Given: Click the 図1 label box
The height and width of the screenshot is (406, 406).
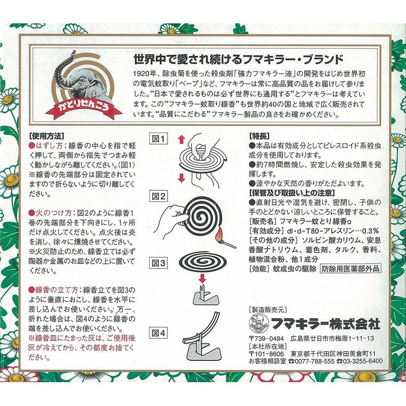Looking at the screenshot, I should tap(160, 139).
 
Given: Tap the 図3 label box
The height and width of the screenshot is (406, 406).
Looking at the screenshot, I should tap(160, 263).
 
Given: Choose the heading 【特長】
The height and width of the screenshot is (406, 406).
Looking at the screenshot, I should tap(262, 137).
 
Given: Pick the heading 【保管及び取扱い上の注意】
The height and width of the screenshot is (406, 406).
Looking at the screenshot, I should tap(293, 193).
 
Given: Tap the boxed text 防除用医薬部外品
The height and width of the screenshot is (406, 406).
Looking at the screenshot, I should tap(350, 268).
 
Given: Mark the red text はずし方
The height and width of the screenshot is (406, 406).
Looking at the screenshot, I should tap(48, 146).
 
